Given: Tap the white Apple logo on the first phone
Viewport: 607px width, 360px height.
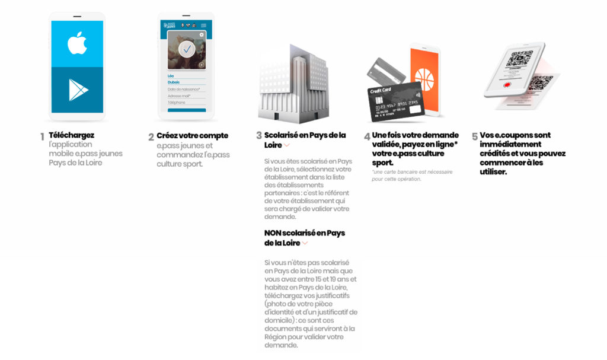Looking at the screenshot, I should pos(78,43).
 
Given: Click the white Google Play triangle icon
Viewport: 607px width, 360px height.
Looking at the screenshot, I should pos(78,90).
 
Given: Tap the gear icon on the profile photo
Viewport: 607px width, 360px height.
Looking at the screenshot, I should pos(202,35).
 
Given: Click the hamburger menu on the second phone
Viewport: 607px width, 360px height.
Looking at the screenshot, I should pos(203,26).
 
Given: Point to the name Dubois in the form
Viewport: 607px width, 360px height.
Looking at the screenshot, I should pos(174,82).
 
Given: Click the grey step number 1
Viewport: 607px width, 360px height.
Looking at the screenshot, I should pos(42,137).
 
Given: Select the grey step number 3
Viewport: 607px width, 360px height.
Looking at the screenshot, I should pos(258,136).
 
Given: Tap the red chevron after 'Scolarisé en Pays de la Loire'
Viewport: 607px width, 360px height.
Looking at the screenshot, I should pos(286,145).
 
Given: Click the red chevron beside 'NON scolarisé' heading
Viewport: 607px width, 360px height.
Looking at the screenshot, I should pos(305,243).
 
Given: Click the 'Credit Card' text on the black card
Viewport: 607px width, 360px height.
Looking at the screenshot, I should pos(381,91).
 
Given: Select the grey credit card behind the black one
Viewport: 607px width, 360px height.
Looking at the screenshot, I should pos(385,71).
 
